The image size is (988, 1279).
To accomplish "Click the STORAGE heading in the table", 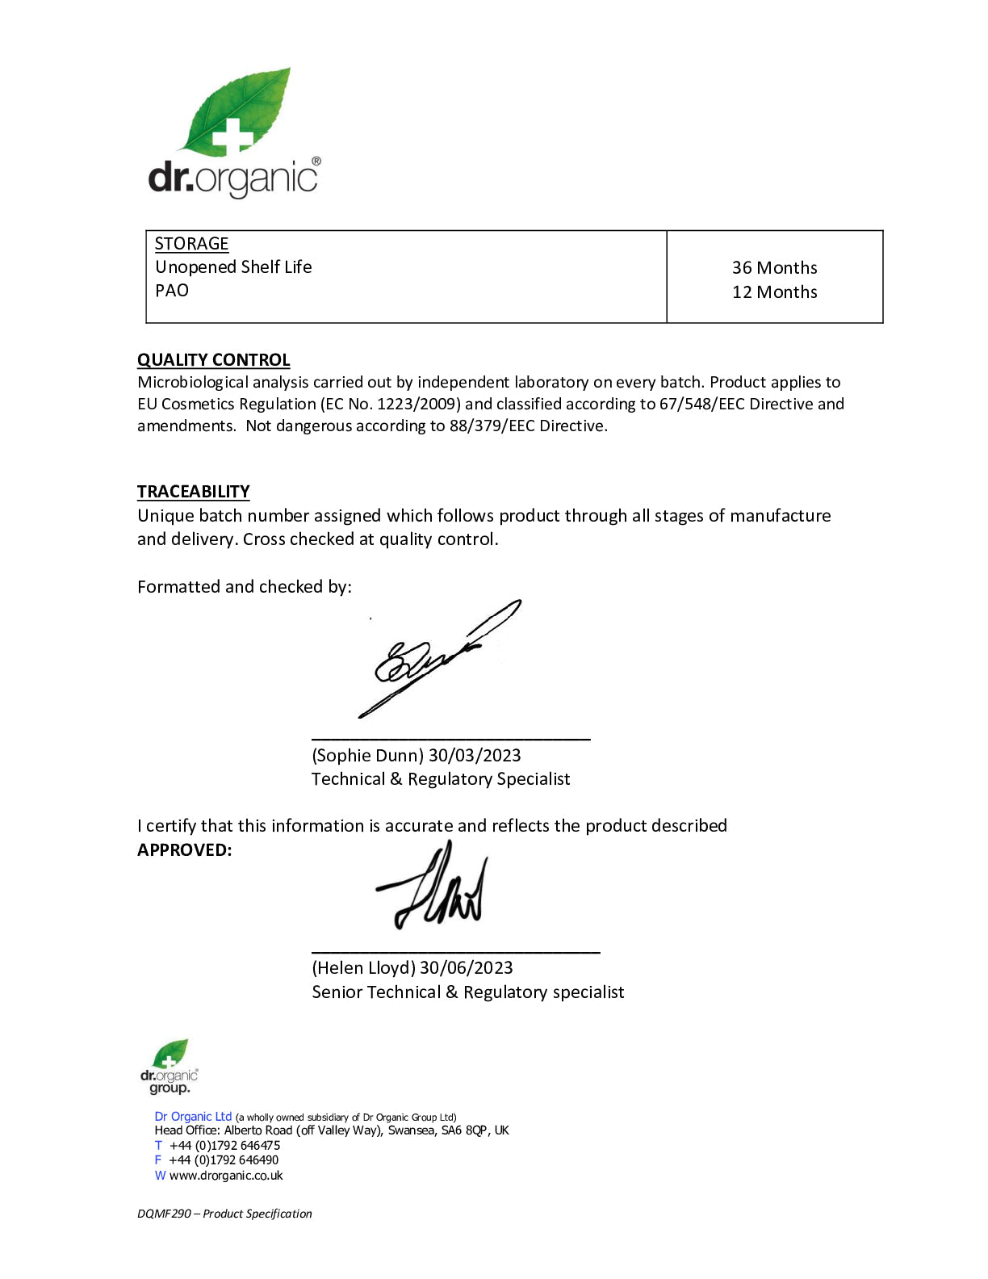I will coord(191,244).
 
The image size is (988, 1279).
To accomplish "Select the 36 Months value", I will coord(774,267).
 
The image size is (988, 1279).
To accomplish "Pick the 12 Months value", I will coord(774,292).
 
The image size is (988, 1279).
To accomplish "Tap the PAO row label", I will coord(171,291).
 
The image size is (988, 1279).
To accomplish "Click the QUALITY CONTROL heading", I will coord(213,360).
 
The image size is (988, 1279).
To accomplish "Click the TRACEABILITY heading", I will coord(193,492).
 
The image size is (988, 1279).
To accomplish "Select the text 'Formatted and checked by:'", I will coord(244,587).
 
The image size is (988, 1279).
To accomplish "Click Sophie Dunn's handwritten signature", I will coord(436,658).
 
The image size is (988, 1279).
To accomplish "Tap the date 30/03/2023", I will coord(475,756).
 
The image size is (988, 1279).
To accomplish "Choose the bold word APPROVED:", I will coord(184,850).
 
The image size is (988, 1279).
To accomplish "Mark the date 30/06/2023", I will coord(466,968).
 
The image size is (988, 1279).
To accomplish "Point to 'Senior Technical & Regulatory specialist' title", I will coord(468,992).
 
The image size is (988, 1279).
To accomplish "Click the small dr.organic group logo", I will coord(169,1067).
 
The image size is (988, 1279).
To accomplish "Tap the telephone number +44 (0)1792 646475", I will coord(224,1146).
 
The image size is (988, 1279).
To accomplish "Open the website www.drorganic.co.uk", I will coord(226,1176).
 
